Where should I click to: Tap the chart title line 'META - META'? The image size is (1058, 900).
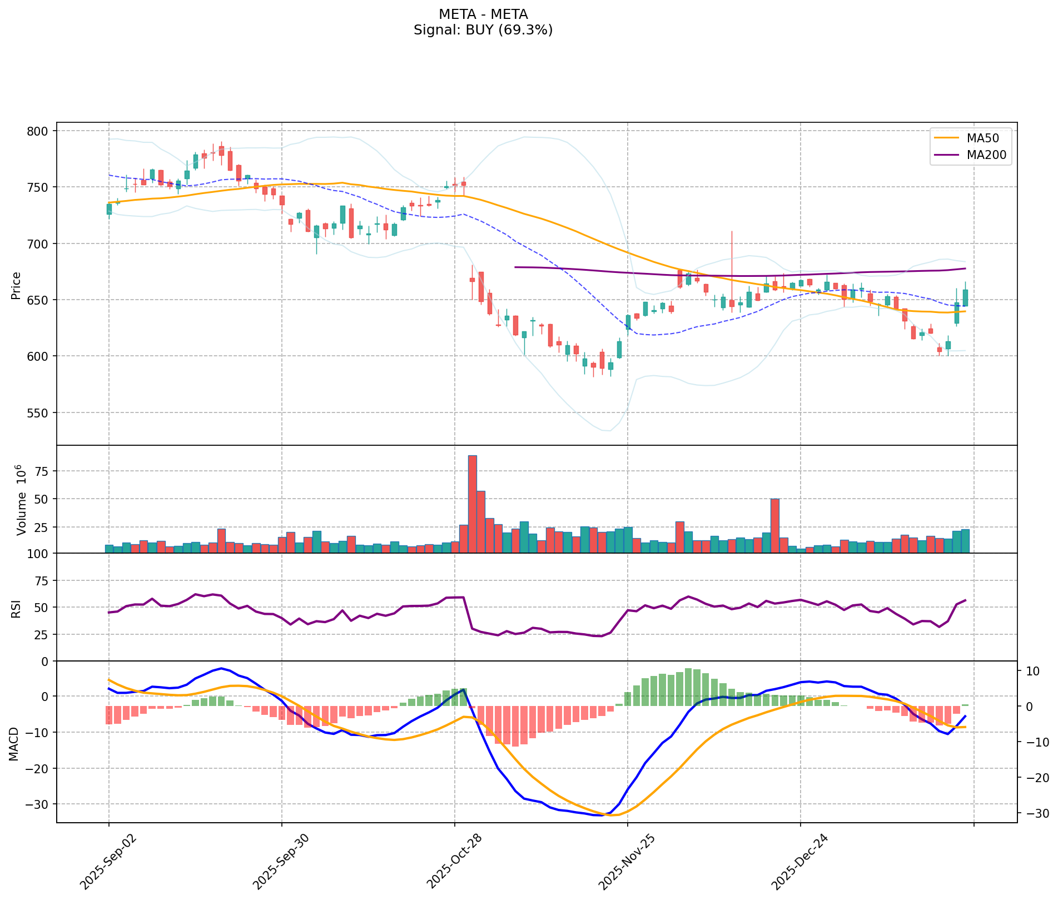tap(483, 14)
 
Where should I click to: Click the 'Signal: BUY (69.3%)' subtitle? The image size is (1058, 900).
tap(483, 30)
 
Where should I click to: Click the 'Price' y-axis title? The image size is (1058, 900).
tap(16, 285)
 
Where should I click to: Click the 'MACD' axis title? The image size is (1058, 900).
tap(13, 744)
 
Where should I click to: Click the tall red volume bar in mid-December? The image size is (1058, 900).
tap(774, 525)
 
